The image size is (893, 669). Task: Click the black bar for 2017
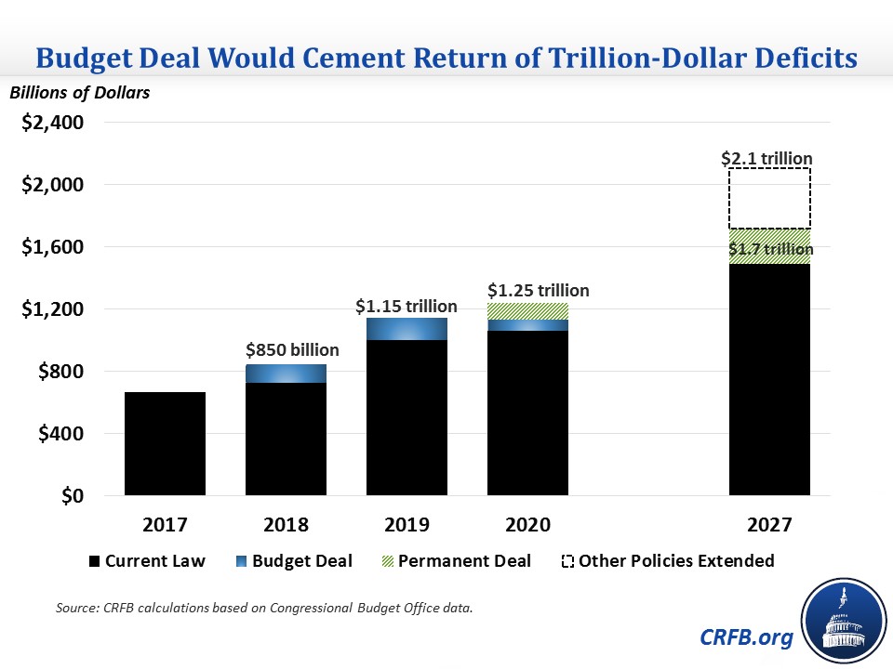(x=165, y=444)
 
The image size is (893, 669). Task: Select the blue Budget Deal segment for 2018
(x=286, y=374)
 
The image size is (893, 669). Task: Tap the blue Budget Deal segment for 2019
(x=407, y=329)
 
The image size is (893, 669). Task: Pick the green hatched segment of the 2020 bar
(x=527, y=311)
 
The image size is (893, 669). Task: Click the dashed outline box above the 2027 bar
(x=769, y=198)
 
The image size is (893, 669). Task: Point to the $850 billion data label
(x=292, y=350)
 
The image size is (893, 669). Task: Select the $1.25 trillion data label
(x=538, y=290)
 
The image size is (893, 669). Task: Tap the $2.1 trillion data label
(x=767, y=158)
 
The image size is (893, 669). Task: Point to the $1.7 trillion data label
(x=769, y=248)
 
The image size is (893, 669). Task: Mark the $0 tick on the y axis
(x=70, y=496)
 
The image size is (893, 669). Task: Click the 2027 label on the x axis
(x=769, y=525)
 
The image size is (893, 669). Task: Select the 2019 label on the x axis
(x=407, y=525)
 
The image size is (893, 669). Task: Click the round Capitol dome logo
(x=842, y=620)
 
